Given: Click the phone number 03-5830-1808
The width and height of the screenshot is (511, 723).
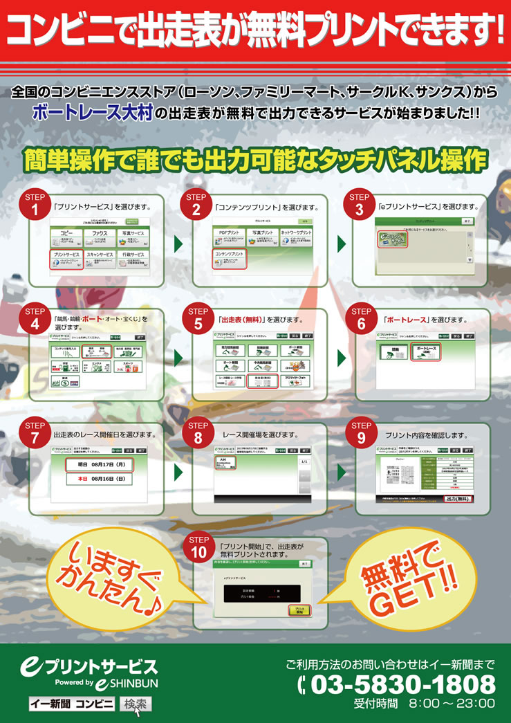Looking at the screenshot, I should pos(402,685).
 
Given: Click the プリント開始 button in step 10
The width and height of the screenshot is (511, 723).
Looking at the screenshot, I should pos(300,610).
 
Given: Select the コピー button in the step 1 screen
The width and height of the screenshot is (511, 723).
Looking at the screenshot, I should pos(66,237).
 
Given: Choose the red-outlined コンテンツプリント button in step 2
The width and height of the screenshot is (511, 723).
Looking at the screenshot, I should pos(229,258).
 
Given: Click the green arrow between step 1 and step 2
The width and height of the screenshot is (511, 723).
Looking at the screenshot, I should pos(179,244).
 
